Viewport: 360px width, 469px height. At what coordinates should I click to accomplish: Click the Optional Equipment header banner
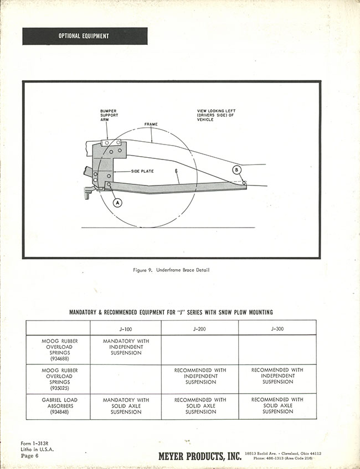click(85, 37)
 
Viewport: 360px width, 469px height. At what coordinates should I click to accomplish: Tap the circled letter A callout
click(117, 203)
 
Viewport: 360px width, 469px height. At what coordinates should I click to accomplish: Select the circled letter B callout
click(236, 169)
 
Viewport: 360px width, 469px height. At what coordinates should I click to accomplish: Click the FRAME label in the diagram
click(151, 125)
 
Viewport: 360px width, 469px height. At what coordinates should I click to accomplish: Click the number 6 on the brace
click(176, 172)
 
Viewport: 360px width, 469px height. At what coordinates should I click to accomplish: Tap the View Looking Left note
click(217, 115)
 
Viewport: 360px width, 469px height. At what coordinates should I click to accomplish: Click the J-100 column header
click(126, 327)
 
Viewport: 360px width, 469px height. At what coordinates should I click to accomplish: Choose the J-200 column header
click(200, 327)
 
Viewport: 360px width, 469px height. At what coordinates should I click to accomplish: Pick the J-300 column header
click(277, 327)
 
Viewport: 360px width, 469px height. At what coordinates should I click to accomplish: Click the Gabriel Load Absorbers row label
click(60, 406)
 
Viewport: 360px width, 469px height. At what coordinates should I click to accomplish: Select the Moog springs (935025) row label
click(60, 379)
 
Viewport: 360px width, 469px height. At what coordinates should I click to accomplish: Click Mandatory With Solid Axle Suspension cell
click(126, 406)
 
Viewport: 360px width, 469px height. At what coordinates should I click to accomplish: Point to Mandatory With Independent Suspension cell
click(126, 347)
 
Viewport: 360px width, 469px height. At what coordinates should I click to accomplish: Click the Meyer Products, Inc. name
click(200, 456)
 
